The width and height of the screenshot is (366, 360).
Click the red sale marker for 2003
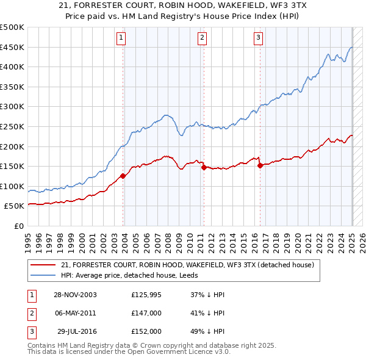click(x=123, y=176)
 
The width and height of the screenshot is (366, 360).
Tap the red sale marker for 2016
click(x=260, y=165)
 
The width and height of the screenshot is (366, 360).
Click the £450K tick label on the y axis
click(x=12, y=47)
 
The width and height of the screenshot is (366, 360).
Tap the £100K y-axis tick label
click(x=12, y=186)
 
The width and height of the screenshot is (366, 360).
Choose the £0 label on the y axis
click(x=18, y=226)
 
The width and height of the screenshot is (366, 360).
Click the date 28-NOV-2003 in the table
click(x=75, y=295)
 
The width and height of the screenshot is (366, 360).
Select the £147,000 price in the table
click(x=146, y=313)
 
